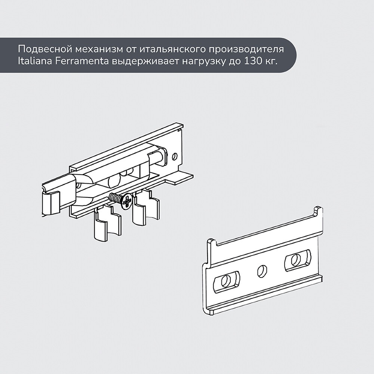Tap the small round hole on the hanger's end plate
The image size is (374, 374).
[175, 156]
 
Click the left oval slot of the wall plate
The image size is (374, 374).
[226, 282]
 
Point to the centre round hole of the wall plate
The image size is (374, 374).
[262, 271]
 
